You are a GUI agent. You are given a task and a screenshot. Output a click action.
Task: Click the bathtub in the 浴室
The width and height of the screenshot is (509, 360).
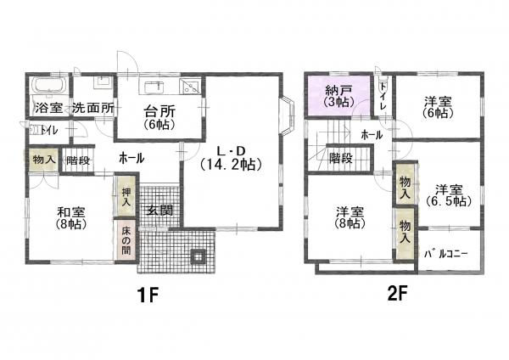50,86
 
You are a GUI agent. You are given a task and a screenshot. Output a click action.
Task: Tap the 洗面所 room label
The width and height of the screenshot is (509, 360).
93,108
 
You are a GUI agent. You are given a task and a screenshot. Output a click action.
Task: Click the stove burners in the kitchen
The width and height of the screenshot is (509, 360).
191,87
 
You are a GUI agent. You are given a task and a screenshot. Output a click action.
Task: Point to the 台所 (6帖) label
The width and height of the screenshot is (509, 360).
159,118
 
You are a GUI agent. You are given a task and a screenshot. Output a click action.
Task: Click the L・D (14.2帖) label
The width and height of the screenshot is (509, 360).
231,158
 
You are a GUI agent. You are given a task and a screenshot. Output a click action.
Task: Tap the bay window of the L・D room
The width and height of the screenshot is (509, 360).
288,115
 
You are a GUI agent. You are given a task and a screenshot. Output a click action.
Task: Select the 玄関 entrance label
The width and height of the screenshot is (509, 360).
159,211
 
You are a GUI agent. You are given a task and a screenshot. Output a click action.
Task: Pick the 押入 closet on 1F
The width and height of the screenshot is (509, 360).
126,195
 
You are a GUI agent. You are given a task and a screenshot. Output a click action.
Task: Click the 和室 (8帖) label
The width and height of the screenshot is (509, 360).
71,218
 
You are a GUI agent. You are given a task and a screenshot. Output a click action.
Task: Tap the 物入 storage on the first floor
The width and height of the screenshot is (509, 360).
43,160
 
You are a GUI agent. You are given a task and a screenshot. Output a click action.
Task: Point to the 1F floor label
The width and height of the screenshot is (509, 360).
148,295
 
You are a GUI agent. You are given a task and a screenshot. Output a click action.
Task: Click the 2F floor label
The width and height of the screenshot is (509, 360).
397,294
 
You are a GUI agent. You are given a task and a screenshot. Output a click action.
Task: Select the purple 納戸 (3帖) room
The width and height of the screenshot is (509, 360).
338,95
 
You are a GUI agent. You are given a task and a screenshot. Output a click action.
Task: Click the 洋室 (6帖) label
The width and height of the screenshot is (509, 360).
438,107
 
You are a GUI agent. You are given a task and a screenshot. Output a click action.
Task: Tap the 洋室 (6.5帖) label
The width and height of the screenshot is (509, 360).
449,195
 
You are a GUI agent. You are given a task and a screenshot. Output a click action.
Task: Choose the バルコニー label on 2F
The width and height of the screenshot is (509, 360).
446,254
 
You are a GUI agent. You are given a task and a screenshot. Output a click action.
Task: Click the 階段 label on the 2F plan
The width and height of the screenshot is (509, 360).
341,158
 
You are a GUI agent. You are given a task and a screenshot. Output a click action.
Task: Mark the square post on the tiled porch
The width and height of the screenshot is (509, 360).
198,256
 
